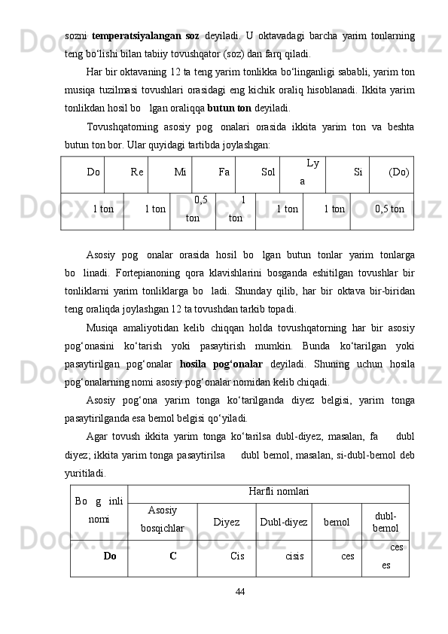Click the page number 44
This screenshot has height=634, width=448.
tap(239, 592)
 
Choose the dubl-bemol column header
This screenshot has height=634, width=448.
tap(386, 521)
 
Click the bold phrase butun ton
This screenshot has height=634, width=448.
tap(217, 108)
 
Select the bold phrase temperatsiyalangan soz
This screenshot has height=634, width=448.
tap(145, 35)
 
